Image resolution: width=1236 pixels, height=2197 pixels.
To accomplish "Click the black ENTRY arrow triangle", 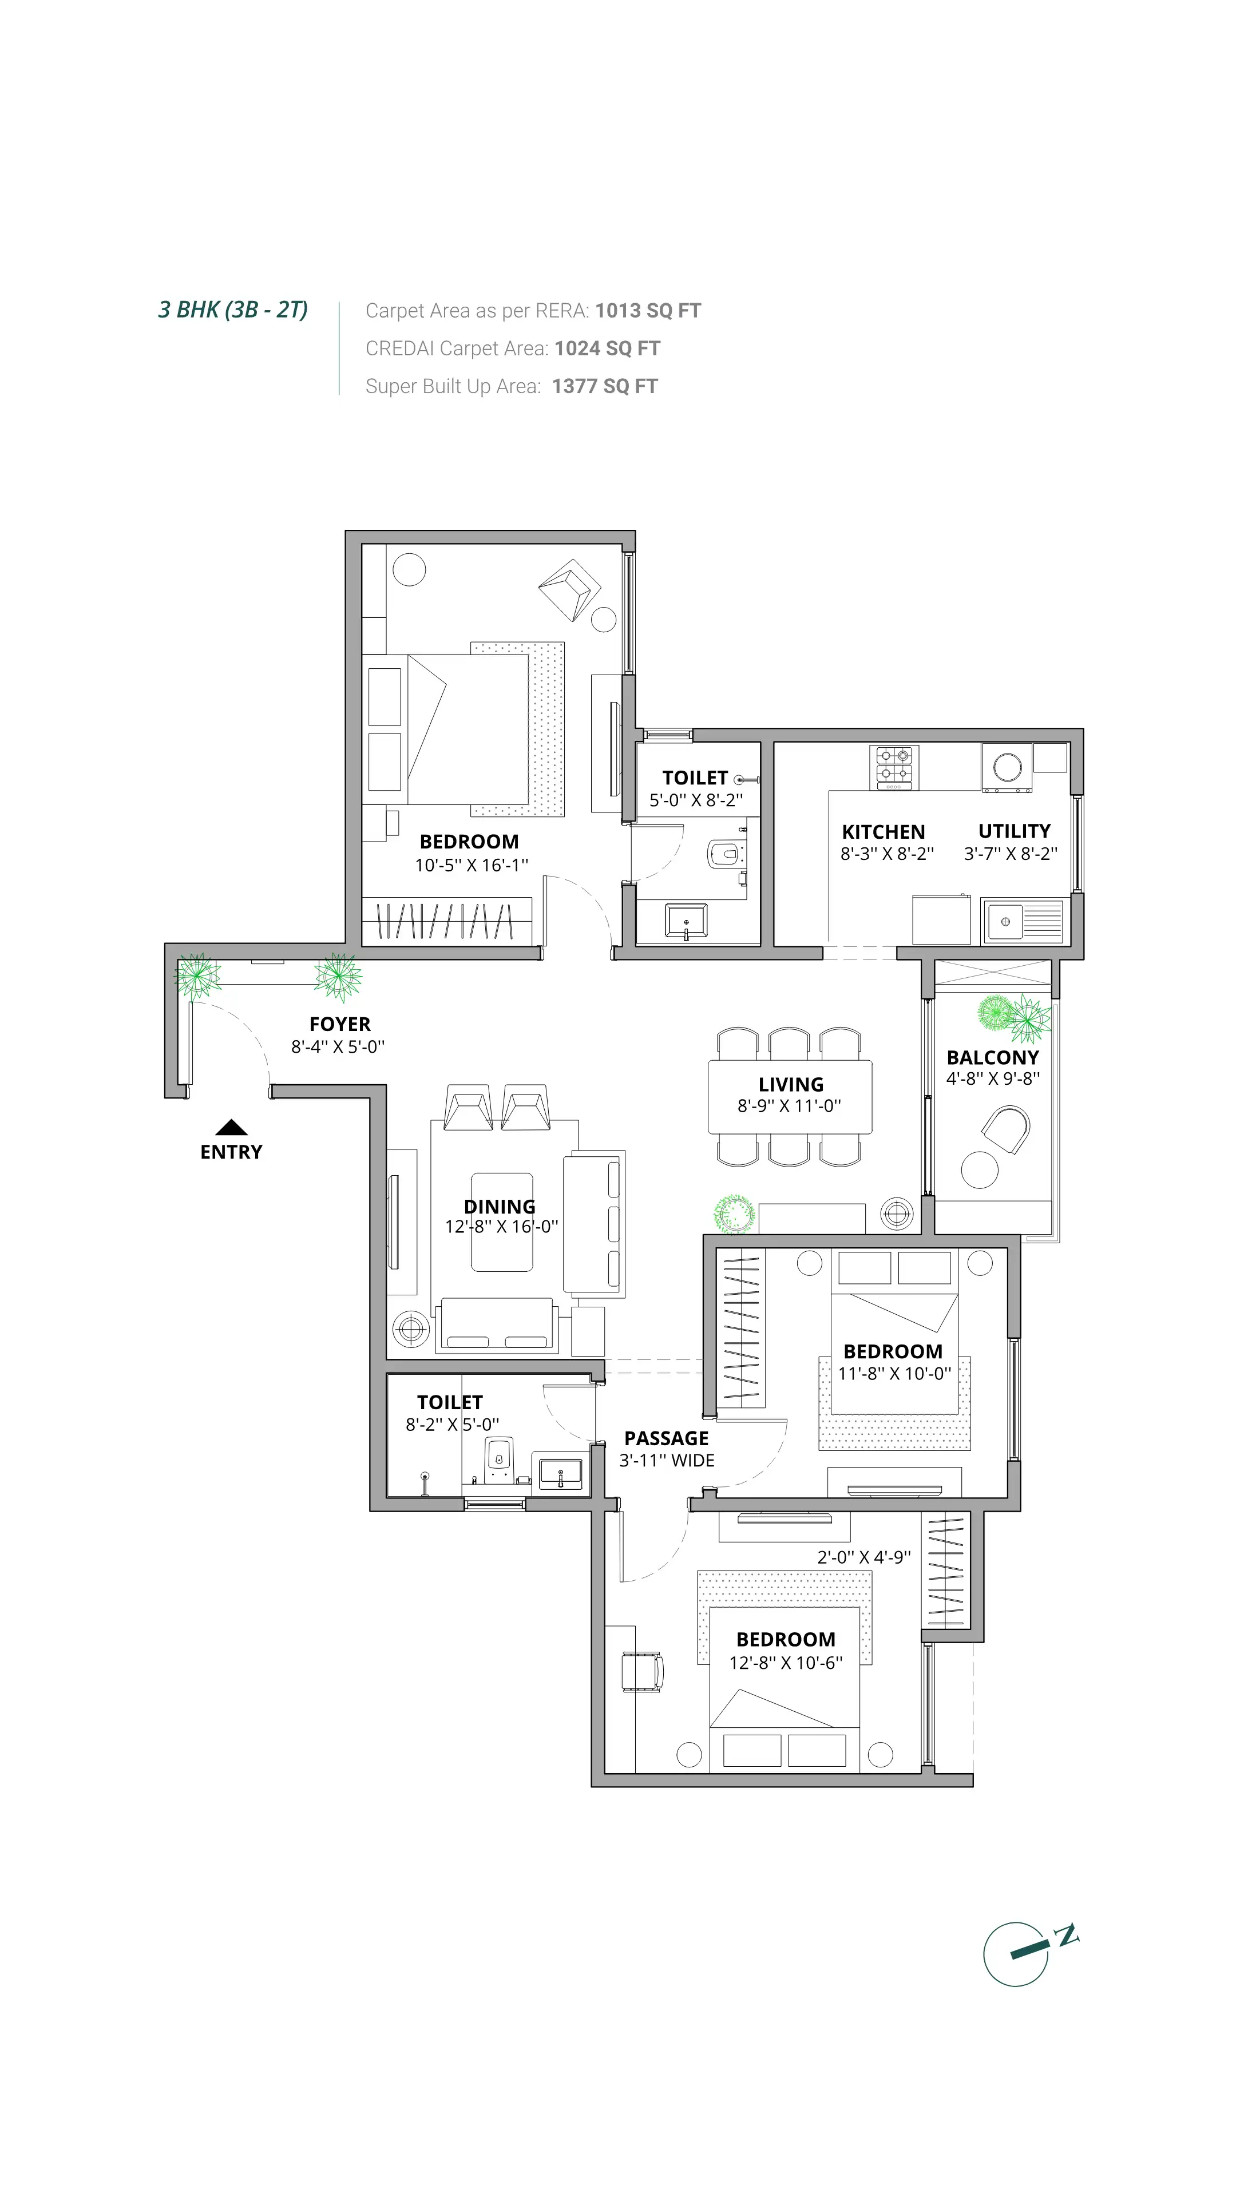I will (231, 1128).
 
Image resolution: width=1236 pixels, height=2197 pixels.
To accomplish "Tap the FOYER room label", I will (339, 1024).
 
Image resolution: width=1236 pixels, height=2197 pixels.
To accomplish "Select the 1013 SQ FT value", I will (647, 311).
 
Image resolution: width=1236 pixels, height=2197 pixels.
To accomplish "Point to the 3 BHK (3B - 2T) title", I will (233, 310).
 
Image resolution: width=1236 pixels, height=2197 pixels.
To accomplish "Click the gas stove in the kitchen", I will (894, 766).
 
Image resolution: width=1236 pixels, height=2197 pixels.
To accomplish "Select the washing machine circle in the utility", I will (1007, 767).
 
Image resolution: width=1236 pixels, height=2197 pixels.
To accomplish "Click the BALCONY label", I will (992, 1057).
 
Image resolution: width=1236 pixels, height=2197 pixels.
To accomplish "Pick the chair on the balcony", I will (1007, 1129).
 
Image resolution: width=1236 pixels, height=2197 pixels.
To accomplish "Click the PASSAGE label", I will (666, 1438).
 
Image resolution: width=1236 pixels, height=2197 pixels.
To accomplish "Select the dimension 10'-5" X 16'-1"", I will (471, 865).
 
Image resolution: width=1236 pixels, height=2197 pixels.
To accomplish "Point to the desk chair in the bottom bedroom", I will (641, 1671).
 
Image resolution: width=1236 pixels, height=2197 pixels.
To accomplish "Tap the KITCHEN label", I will (883, 831).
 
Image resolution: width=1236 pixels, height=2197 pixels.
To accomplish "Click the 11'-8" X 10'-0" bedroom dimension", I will (893, 1373).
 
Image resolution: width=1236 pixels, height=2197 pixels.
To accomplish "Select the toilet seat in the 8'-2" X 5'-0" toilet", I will (499, 1460).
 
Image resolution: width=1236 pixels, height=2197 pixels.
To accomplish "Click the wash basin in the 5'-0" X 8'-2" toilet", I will (686, 922).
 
